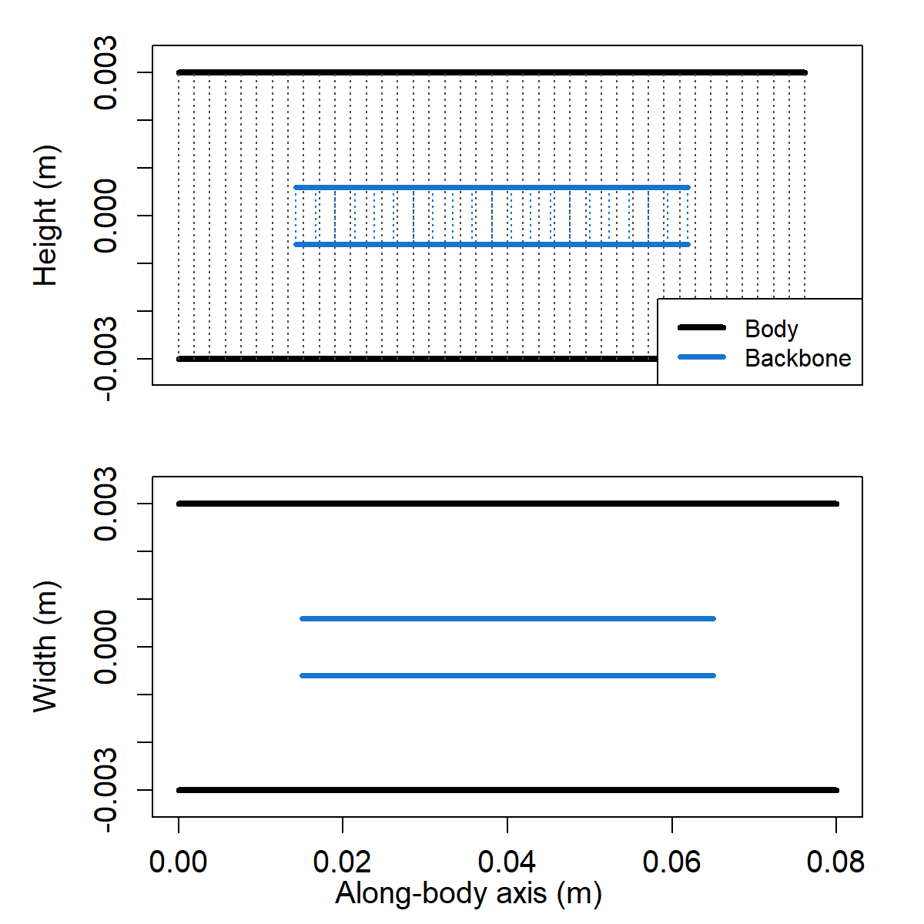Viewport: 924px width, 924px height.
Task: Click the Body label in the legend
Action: (x=772, y=329)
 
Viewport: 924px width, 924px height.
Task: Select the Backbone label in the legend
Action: (x=798, y=358)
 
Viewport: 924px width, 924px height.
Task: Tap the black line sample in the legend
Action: (x=701, y=328)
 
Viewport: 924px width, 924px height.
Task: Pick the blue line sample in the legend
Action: (x=701, y=357)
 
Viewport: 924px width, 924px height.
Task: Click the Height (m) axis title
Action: (x=45, y=216)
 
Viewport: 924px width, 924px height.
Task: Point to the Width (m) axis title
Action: (x=45, y=647)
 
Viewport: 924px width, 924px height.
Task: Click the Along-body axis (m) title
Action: (x=468, y=893)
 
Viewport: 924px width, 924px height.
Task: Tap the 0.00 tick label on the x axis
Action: (x=179, y=862)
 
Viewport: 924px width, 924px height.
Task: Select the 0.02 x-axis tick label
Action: (x=343, y=862)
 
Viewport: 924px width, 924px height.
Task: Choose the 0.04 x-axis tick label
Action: (x=507, y=862)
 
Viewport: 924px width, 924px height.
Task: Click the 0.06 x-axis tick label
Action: (x=672, y=862)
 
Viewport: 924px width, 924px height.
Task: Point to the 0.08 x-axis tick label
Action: (x=836, y=862)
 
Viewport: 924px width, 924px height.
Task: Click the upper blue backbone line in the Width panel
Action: (x=507, y=618)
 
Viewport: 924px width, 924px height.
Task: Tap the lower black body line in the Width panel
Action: (x=507, y=790)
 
